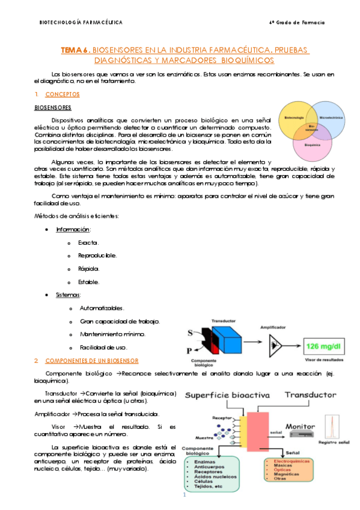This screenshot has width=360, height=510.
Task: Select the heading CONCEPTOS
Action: [63, 94]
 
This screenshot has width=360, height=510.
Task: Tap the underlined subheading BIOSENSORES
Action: [52, 108]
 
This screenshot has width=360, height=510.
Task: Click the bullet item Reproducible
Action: [97, 255]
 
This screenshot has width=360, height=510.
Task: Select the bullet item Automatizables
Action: [102, 308]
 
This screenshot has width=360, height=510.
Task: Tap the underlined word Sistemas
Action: [68, 295]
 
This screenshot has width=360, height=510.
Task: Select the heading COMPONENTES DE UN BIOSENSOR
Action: [91, 361]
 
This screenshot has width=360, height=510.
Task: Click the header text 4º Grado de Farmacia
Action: [297, 22]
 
